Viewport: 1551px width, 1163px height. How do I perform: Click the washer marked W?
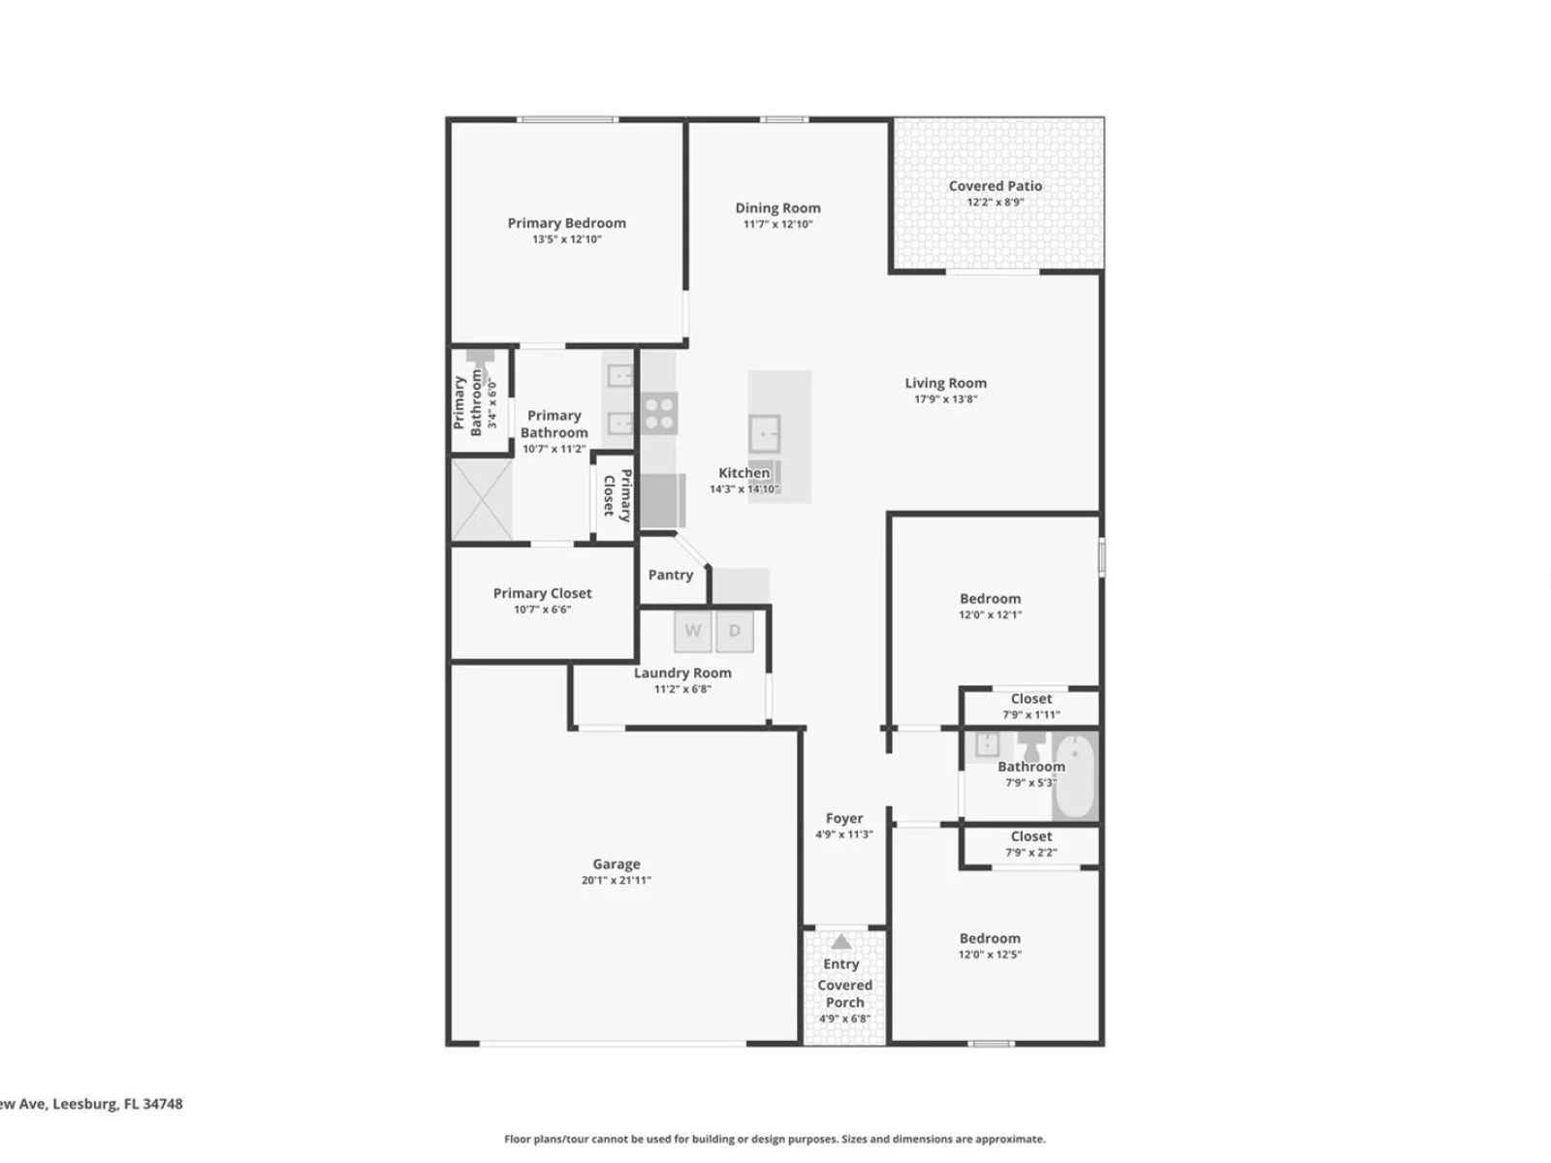point(692,631)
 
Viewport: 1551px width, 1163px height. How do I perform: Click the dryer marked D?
point(734,631)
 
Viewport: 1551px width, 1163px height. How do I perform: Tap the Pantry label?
point(671,575)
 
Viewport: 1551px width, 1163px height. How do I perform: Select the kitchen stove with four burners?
point(659,414)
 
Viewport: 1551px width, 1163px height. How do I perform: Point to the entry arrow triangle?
point(840,941)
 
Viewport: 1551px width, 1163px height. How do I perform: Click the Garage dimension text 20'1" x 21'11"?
point(617,880)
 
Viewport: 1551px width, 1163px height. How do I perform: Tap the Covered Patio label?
point(995,186)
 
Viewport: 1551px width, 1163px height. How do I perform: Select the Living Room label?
point(945,383)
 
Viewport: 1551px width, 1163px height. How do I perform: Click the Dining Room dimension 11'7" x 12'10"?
point(778,224)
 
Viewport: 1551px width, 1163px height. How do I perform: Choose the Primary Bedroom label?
point(567,223)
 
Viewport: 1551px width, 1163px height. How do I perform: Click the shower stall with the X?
point(482,499)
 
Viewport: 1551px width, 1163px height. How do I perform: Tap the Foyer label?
point(844,818)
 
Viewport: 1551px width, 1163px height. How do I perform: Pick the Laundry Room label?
point(682,673)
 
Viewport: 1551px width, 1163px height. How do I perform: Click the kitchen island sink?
point(765,433)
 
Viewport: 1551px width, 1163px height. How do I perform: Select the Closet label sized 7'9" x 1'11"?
point(1031,699)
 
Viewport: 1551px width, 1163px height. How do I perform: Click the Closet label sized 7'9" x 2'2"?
point(1031,836)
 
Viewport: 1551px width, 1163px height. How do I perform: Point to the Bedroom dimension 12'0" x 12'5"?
point(990,954)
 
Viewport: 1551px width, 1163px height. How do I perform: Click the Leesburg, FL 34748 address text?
point(117,1104)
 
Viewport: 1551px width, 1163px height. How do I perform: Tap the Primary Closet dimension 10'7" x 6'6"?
point(542,610)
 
